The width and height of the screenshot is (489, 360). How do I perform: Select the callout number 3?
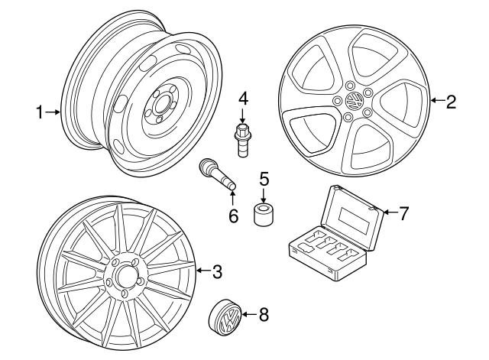(217, 270)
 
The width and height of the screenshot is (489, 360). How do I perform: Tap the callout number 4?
(243, 99)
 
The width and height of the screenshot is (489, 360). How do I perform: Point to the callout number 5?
(264, 180)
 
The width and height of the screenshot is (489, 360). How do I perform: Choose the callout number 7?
(404, 212)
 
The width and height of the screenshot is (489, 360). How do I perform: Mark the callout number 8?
(264, 313)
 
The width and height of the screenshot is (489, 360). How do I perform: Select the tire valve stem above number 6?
(216, 174)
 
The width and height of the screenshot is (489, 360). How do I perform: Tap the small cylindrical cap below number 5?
(264, 213)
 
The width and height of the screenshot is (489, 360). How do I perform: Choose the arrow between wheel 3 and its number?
(202, 270)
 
